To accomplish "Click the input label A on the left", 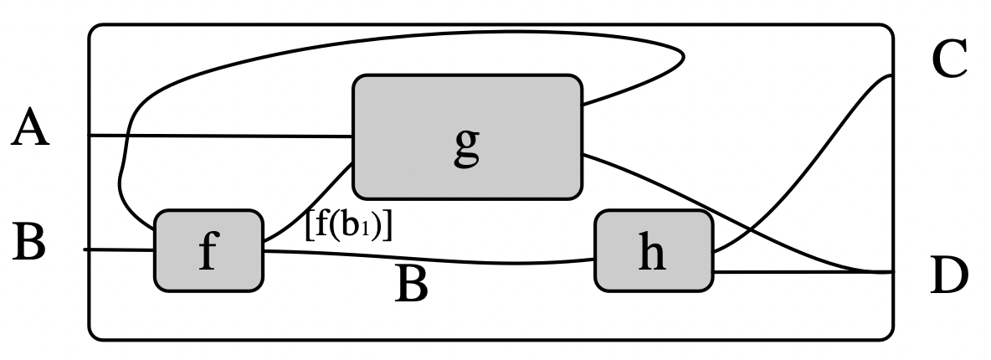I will [x=30, y=131].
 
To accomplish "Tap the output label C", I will [x=949, y=60].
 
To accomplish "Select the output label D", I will [x=949, y=277].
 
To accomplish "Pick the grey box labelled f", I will [x=208, y=251].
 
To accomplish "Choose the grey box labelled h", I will [x=653, y=251].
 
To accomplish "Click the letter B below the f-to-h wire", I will [x=411, y=285].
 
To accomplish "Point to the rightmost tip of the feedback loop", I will [x=685, y=58].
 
